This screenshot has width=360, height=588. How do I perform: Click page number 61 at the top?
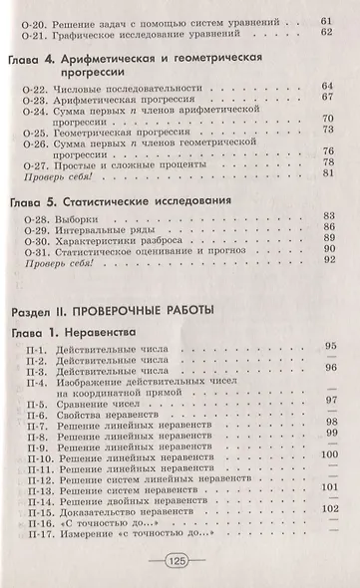click(325, 19)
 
